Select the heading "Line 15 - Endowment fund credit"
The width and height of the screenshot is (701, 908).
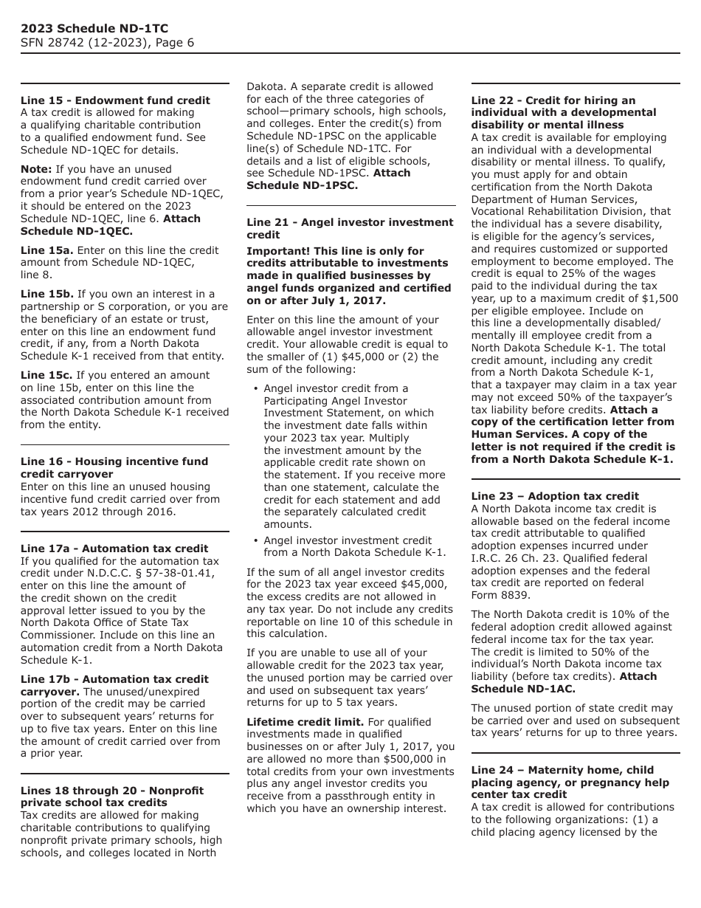(115, 100)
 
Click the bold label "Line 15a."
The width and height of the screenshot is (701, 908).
(47, 250)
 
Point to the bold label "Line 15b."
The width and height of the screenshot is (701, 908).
(47, 294)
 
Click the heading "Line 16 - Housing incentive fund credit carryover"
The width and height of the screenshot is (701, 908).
(114, 467)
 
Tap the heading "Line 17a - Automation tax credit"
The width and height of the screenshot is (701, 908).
(114, 548)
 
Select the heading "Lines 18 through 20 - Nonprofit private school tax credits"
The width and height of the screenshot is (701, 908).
(112, 796)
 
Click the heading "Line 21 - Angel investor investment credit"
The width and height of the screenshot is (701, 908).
(350, 228)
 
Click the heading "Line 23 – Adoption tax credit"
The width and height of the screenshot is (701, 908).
(555, 496)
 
